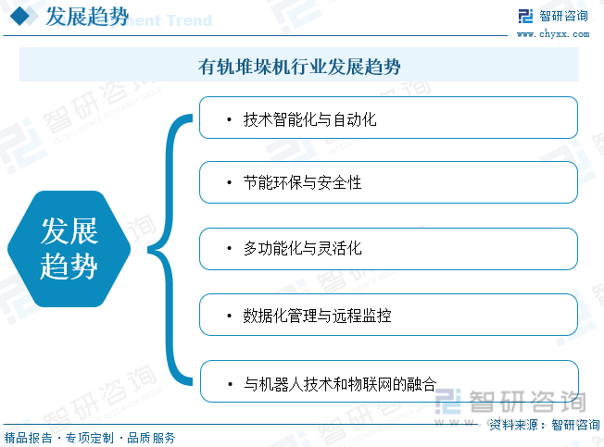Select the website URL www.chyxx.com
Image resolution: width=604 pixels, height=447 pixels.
(552, 34)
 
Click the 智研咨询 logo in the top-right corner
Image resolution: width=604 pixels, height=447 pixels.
(552, 16)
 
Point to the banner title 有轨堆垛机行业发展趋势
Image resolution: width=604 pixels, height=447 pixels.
(299, 67)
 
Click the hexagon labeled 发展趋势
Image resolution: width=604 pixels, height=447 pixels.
(69, 249)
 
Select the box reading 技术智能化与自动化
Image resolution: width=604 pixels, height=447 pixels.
(388, 118)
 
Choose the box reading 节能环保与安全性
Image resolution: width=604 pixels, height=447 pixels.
(388, 182)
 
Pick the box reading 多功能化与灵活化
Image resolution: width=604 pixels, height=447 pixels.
(388, 248)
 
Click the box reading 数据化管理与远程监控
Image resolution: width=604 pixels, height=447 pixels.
(388, 315)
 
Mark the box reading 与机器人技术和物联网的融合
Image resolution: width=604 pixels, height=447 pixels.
(388, 380)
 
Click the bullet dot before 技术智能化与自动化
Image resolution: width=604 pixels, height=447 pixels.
(228, 119)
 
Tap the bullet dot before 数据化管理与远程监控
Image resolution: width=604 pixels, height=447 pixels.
(228, 316)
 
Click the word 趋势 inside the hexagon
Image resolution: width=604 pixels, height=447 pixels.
(69, 267)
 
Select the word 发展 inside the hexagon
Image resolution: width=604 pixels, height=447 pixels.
(69, 231)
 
